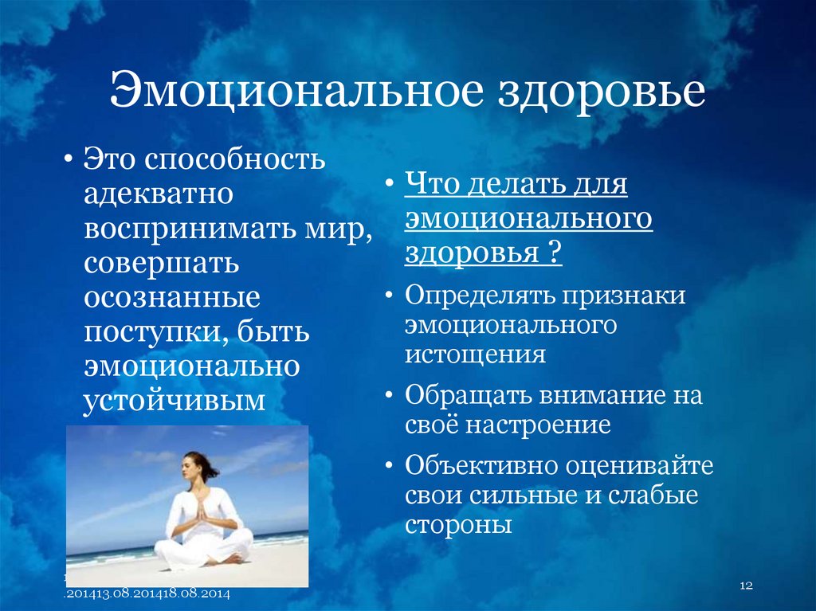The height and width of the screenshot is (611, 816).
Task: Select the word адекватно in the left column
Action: pyautogui.click(x=159, y=194)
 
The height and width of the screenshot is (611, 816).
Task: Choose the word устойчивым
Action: pyautogui.click(x=174, y=401)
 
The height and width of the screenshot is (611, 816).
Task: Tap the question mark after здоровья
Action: pyautogui.click(x=551, y=253)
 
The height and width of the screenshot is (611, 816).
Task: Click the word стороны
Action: pyautogui.click(x=457, y=525)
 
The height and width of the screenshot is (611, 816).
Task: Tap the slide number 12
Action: pyautogui.click(x=746, y=586)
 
